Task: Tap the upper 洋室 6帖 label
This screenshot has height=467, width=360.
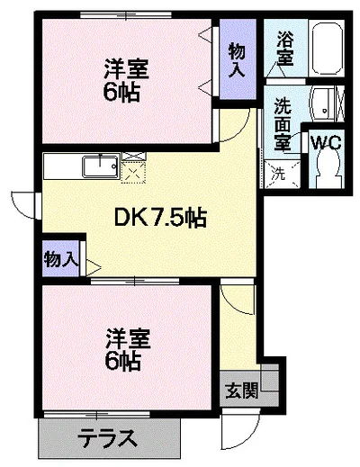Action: (123, 79)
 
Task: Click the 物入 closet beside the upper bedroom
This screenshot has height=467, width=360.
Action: (238, 58)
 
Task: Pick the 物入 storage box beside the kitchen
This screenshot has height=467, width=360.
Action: (61, 259)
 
